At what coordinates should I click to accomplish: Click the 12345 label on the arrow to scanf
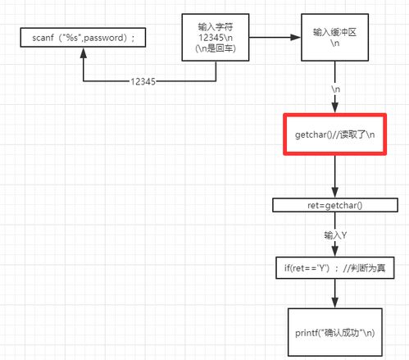click(145, 82)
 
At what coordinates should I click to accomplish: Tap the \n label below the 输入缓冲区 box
click(334, 87)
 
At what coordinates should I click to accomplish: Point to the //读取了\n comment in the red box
click(353, 134)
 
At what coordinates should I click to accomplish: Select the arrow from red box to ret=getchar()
click(335, 176)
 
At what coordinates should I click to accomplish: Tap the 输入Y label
click(335, 235)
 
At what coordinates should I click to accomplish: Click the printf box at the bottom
click(335, 332)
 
